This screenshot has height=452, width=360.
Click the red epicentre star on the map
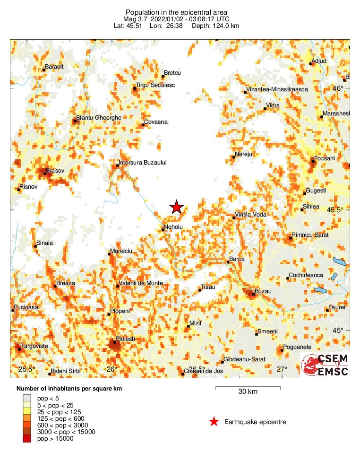coord(177,207)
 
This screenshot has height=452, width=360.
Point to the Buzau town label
coord(263,291)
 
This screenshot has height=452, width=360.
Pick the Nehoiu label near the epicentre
coord(173,227)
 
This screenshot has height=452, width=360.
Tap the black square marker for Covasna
coord(143,125)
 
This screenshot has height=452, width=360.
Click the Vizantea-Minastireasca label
coord(277,89)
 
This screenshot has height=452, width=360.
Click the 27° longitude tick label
coord(282,369)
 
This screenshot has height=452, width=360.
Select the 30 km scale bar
coord(248,389)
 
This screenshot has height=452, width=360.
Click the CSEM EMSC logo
coord(326,365)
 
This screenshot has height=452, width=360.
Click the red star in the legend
coord(214,422)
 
